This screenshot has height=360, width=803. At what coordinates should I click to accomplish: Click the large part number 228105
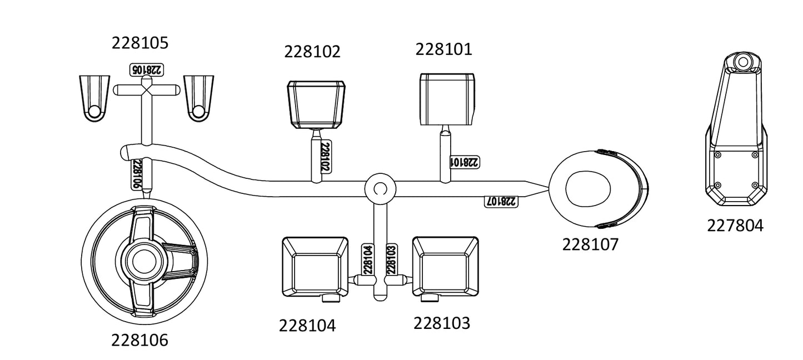pyautogui.click(x=140, y=43)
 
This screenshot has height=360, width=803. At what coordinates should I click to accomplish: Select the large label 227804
pyautogui.click(x=735, y=226)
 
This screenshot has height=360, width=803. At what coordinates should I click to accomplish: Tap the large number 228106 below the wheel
pyautogui.click(x=139, y=341)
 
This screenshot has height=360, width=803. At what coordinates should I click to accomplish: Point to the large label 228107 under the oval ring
pyautogui.click(x=590, y=244)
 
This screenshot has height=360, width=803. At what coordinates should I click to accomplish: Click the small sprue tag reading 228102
pyautogui.click(x=326, y=156)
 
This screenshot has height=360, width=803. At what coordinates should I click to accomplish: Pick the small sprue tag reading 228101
pyautogui.click(x=465, y=162)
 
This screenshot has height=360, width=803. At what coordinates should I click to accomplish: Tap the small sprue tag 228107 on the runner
pyautogui.click(x=501, y=201)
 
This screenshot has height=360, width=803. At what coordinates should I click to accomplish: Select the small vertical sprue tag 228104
pyautogui.click(x=368, y=259)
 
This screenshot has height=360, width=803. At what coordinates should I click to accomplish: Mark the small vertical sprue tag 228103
pyautogui.click(x=391, y=259)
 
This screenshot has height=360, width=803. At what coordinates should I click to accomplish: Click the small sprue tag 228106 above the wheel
pyautogui.click(x=137, y=174)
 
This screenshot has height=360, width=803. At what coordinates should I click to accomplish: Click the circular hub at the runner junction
pyautogui.click(x=380, y=189)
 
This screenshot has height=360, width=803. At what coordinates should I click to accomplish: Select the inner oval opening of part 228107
pyautogui.click(x=587, y=189)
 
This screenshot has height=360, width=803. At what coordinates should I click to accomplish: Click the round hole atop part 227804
pyautogui.click(x=743, y=62)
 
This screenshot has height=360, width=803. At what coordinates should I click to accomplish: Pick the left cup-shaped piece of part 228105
pyautogui.click(x=94, y=98)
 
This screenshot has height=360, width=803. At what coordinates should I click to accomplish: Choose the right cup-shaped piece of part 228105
pyautogui.click(x=198, y=98)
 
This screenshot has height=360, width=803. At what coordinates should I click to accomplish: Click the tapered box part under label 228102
pyautogui.click(x=316, y=104)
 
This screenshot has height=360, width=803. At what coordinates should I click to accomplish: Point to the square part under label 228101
pyautogui.click(x=447, y=99)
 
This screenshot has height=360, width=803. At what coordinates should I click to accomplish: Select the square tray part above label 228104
pyautogui.click(x=315, y=267)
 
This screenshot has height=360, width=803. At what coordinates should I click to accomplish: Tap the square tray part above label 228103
pyautogui.click(x=446, y=266)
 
